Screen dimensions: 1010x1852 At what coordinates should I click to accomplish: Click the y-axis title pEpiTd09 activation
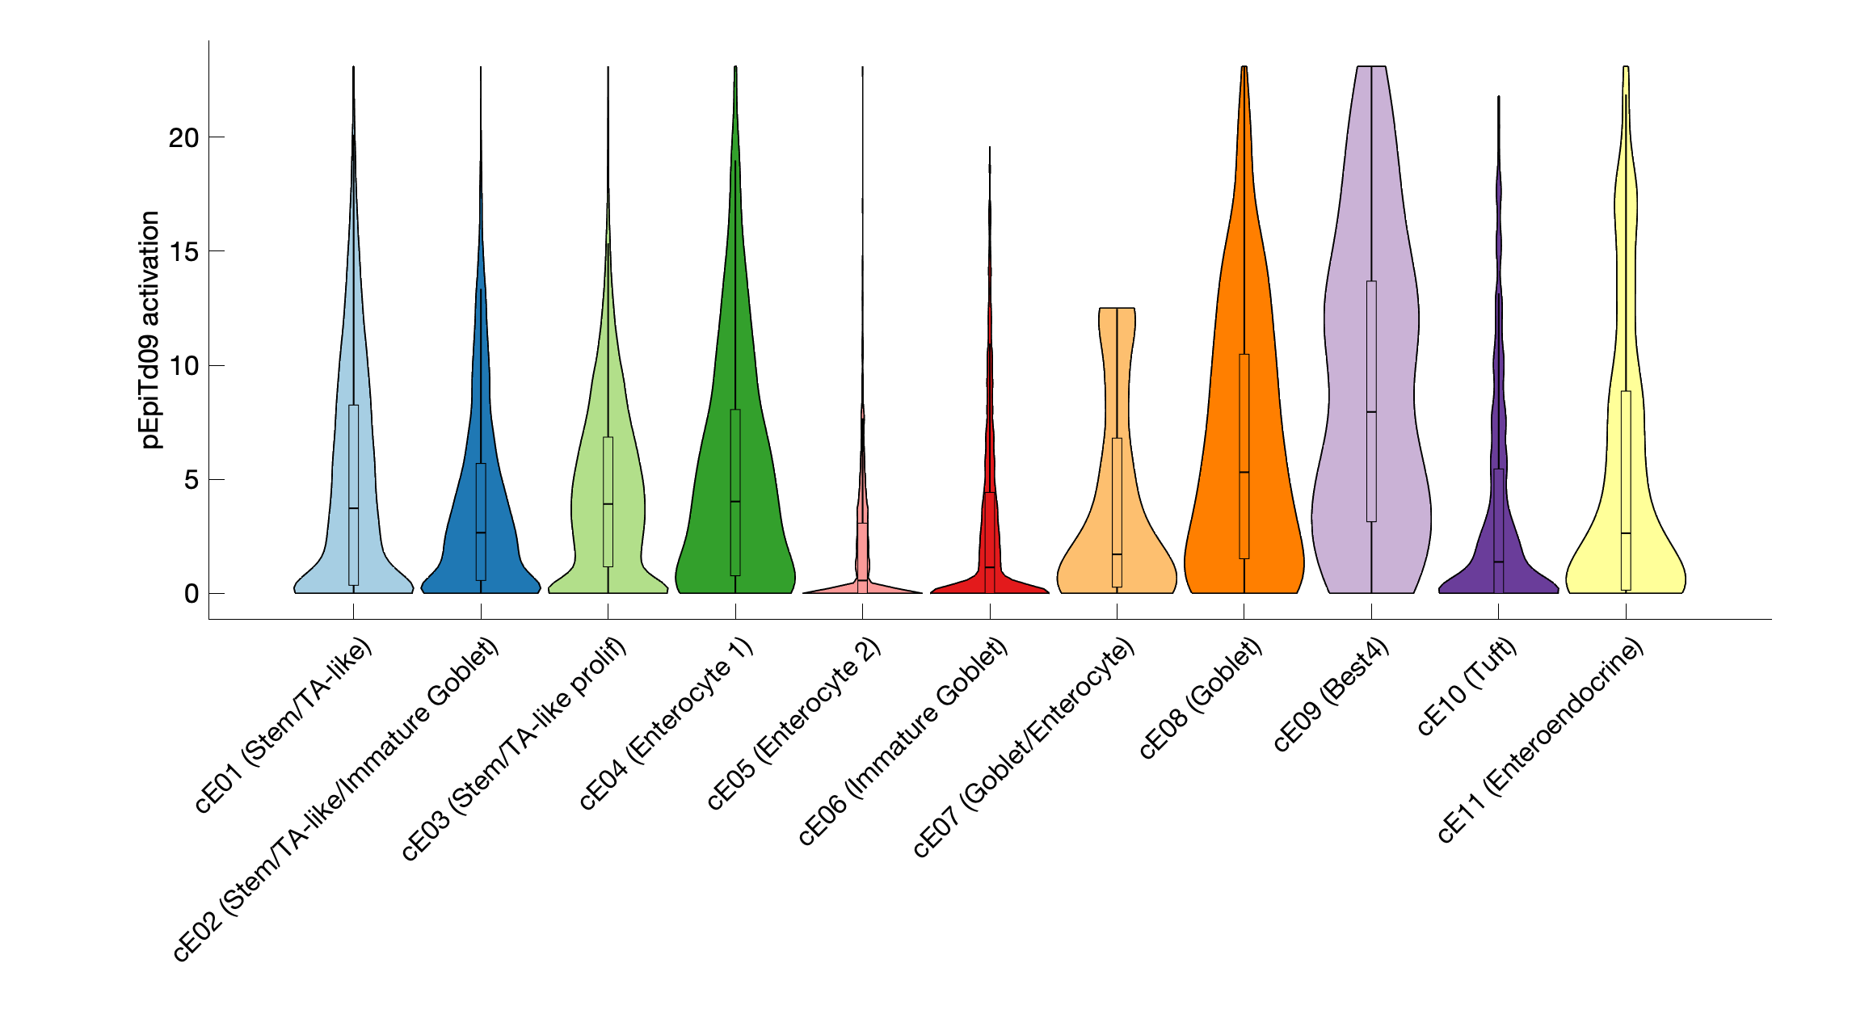coord(150,330)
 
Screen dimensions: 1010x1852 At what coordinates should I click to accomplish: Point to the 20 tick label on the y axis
coord(183,138)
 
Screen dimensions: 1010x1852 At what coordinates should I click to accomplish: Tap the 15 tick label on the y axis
coord(183,252)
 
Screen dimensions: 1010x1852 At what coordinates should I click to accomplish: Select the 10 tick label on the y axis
coord(183,366)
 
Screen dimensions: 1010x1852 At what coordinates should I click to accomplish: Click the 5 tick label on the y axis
coord(191,480)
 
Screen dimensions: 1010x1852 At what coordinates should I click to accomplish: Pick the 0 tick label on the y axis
coord(191,594)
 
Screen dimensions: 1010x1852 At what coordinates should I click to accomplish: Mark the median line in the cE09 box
coord(1371,412)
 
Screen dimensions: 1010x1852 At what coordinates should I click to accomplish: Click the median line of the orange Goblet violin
coord(1244,473)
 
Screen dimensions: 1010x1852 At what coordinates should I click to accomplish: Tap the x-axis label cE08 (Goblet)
coord(1201,700)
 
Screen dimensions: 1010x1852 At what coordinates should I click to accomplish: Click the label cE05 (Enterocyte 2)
coord(794,724)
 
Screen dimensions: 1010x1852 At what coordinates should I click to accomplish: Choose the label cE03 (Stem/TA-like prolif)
coord(514,750)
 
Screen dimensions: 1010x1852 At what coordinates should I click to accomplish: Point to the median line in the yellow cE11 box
coord(1626,533)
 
